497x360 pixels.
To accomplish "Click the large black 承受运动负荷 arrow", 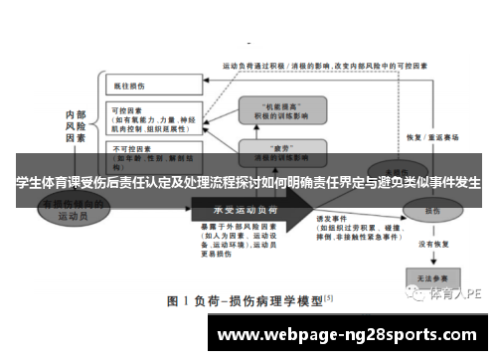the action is (248, 210).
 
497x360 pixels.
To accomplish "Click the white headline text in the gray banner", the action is (248, 183).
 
